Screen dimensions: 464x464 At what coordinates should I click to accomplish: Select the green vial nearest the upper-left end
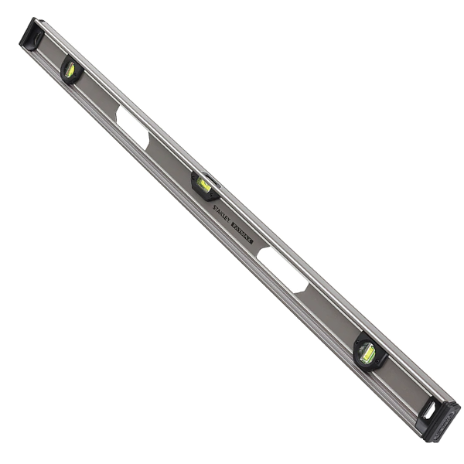tap(70, 70)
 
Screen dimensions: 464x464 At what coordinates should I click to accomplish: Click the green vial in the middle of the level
tap(204, 185)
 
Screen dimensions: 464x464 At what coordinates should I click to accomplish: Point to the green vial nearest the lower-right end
tap(368, 353)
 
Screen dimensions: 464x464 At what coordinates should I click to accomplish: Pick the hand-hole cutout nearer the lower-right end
tap(283, 268)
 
